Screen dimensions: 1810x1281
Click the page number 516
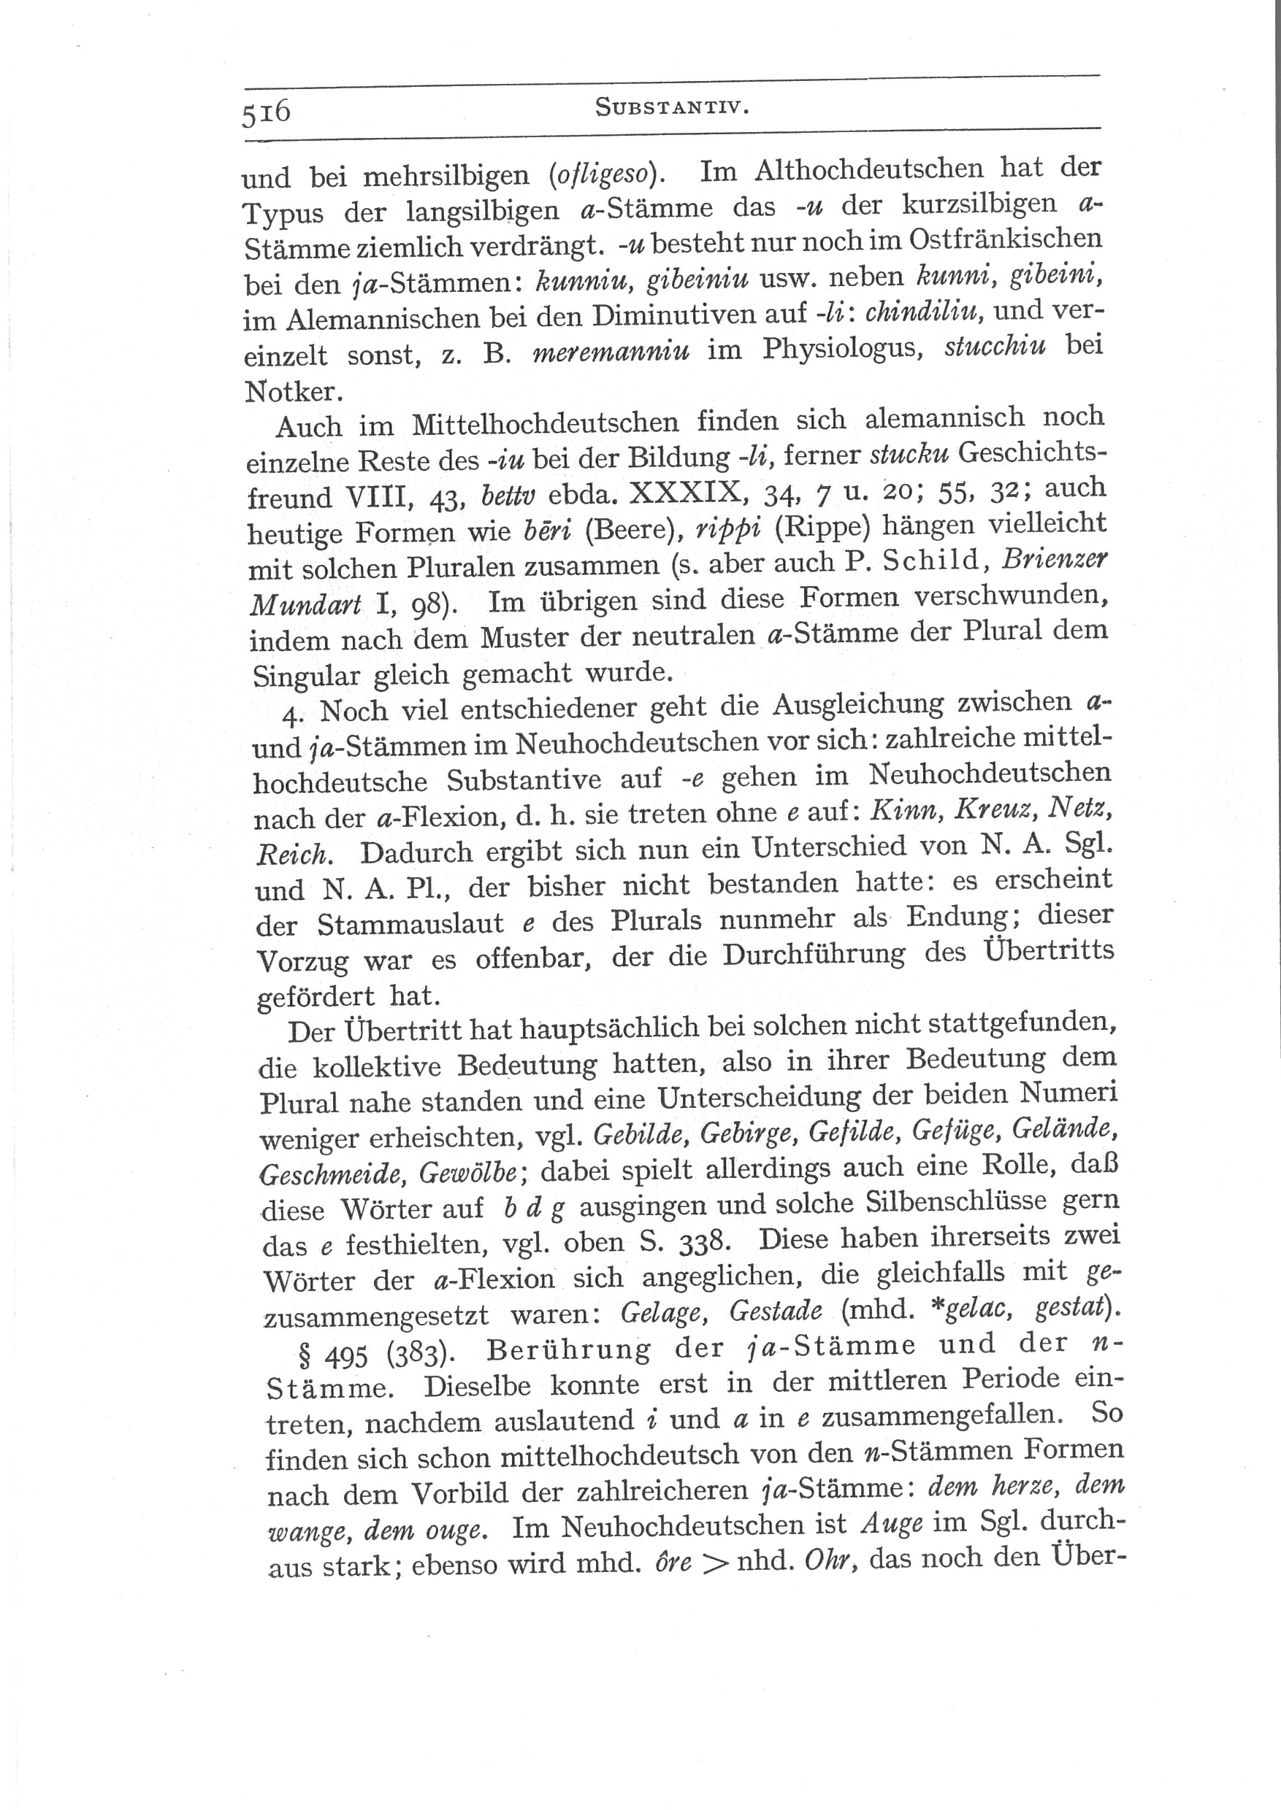[x=267, y=112]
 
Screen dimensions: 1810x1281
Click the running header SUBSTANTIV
[x=671, y=107]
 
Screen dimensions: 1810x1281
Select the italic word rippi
[x=727, y=529]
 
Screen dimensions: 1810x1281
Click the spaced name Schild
[x=934, y=561]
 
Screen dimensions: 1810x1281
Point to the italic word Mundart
[x=305, y=604]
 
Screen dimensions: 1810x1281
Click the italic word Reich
[x=292, y=855]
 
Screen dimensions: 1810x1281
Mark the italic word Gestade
[x=776, y=1312]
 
